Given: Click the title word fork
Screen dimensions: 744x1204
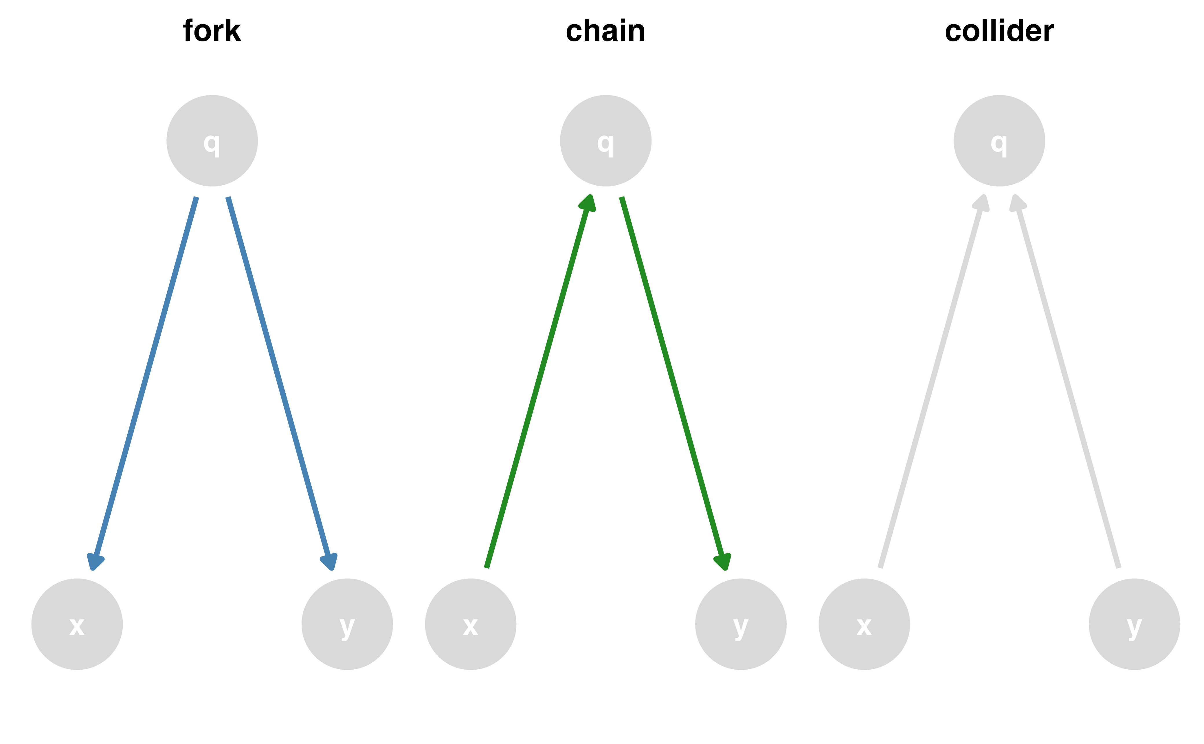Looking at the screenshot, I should click(x=212, y=31).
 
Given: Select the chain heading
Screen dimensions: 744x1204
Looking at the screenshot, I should click(x=605, y=31).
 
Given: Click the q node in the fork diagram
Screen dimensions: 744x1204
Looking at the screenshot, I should click(x=212, y=141).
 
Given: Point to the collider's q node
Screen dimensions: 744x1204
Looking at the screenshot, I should click(x=999, y=141).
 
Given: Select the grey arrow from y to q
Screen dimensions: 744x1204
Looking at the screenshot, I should click(x=1067, y=384).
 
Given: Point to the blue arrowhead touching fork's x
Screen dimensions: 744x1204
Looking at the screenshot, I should click(x=95, y=561).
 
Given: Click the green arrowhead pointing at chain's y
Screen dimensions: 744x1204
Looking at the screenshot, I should click(x=722, y=561).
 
